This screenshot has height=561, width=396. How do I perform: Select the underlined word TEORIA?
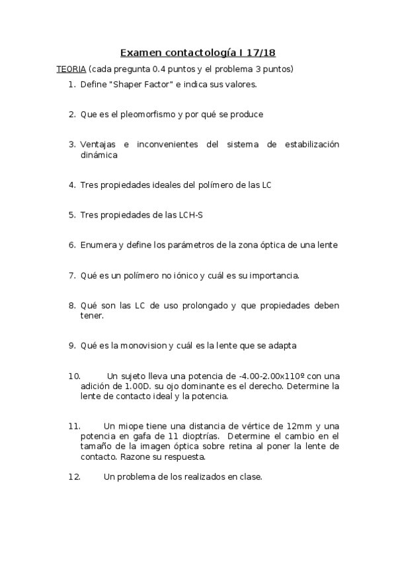(x=70, y=69)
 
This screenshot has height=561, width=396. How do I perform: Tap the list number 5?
(x=71, y=215)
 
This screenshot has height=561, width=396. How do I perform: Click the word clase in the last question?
(x=249, y=476)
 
